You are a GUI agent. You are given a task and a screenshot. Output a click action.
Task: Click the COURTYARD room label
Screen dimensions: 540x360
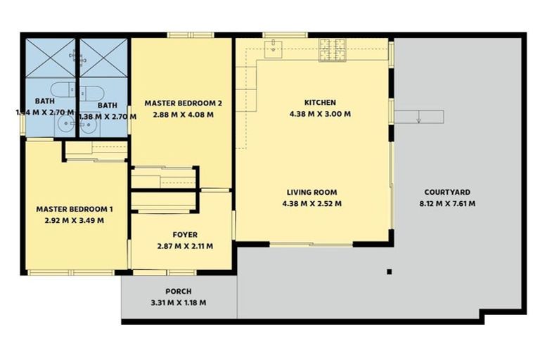(447, 192)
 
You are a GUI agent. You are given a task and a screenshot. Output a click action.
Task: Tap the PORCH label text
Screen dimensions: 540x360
(179, 291)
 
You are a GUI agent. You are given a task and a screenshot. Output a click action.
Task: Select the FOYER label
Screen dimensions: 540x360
(185, 235)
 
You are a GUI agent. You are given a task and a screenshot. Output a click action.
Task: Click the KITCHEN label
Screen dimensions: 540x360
(320, 103)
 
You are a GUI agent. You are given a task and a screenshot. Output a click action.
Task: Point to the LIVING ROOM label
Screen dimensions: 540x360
(312, 192)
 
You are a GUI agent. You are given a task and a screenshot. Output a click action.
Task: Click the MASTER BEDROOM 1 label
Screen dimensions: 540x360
(75, 209)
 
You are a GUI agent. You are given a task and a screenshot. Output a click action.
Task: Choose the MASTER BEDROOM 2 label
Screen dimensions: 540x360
(184, 103)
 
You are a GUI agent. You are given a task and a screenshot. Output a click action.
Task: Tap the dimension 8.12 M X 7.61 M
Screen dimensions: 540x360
(447, 204)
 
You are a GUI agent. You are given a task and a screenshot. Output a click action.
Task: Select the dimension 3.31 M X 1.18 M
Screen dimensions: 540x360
(179, 303)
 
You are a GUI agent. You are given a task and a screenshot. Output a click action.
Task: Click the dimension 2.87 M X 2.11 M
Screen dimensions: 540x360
(185, 246)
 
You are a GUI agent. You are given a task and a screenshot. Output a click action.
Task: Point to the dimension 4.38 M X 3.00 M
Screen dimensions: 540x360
(321, 114)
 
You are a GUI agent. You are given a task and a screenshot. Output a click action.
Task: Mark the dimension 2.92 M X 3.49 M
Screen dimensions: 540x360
(75, 221)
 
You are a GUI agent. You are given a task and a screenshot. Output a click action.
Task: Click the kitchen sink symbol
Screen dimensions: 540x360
(273, 49)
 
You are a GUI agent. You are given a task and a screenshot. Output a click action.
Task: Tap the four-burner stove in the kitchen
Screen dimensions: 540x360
(333, 50)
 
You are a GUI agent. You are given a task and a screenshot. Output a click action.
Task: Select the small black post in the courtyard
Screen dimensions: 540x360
(389, 272)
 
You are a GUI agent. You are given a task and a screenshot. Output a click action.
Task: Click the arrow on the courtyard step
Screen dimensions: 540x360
(419, 117)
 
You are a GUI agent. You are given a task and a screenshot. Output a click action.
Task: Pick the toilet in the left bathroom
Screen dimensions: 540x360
(63, 90)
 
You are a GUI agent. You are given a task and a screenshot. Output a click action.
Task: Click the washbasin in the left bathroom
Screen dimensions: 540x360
(65, 124)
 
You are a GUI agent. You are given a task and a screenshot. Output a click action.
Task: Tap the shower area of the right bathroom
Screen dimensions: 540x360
(103, 58)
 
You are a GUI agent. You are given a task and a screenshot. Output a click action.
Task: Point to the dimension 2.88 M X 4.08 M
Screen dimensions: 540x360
(184, 115)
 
